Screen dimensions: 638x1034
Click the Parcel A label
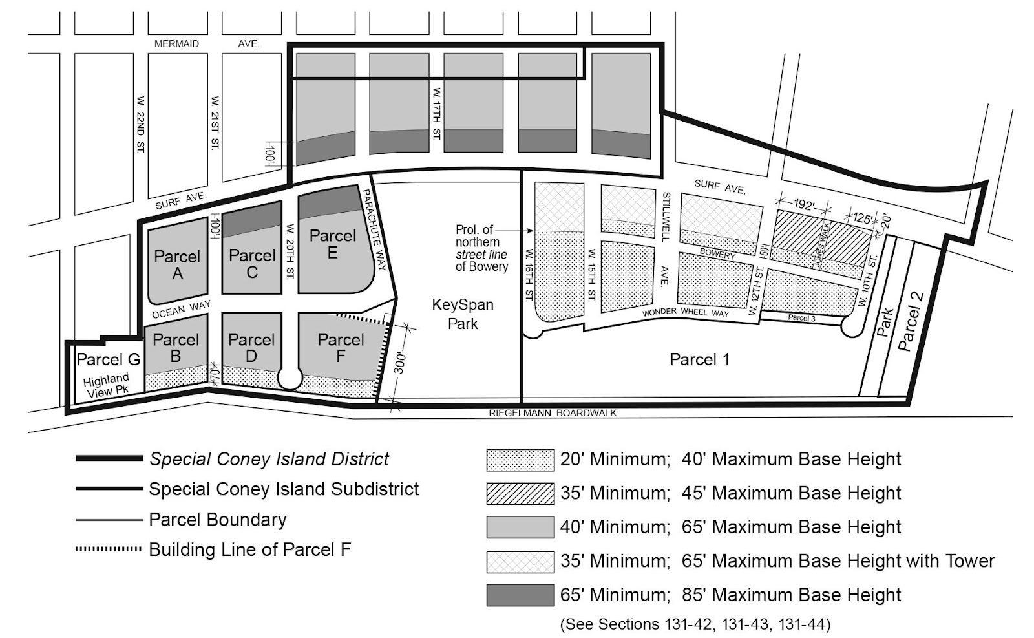[x=177, y=264]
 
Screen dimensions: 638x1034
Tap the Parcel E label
[x=332, y=244]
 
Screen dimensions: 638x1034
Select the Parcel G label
[x=108, y=359]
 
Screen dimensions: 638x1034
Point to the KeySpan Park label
[x=463, y=314]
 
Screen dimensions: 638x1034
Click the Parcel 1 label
[x=699, y=359]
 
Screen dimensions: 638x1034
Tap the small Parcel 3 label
[x=801, y=317]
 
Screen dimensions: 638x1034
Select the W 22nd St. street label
[x=141, y=124]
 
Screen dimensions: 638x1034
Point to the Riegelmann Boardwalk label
[x=553, y=413]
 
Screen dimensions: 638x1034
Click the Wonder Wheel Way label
[x=685, y=312]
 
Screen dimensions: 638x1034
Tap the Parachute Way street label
[x=377, y=229]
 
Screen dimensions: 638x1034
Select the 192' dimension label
[x=803, y=204]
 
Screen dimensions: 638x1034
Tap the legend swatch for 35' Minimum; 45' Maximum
[x=520, y=493]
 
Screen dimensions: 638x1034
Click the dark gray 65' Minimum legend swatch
[x=520, y=595]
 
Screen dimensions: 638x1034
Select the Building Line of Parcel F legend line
[x=109, y=549]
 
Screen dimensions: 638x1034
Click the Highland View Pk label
[x=107, y=385]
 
